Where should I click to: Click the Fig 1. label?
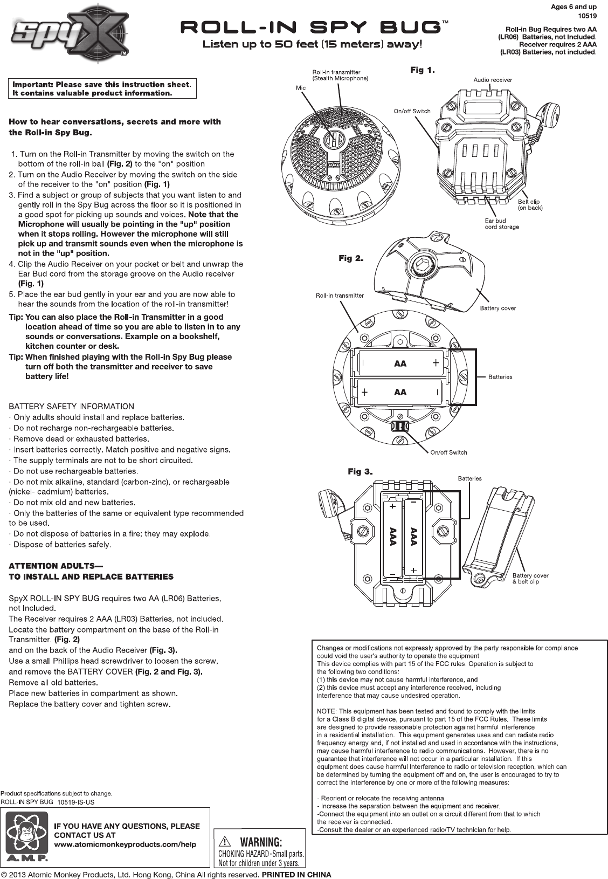[423, 70]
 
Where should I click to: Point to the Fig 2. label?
[351, 259]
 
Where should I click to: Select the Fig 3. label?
[361, 472]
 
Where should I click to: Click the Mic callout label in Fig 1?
[300, 87]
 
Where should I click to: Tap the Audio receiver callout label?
[493, 80]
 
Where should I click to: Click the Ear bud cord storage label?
[502, 224]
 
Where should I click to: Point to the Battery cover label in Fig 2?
[498, 308]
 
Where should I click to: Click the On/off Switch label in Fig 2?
[448, 452]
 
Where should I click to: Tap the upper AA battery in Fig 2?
[399, 364]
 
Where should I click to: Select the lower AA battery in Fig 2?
[399, 392]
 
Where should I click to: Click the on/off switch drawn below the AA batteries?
[399, 426]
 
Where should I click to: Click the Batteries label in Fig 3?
[469, 478]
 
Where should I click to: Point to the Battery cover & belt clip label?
[530, 579]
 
